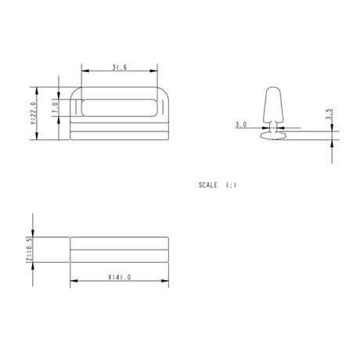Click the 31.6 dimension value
[120, 67]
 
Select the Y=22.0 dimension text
[34, 113]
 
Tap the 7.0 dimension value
[55, 107]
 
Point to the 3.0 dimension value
[241, 124]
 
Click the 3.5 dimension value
[329, 114]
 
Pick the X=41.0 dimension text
[120, 277]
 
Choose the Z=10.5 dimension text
[29, 249]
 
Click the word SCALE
[207, 185]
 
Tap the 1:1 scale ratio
[231, 185]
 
